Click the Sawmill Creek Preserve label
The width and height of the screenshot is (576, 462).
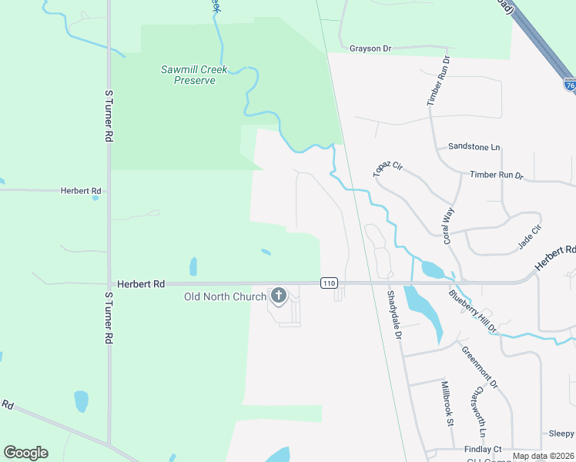pyautogui.click(x=194, y=75)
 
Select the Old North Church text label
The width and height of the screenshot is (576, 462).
pyautogui.click(x=225, y=297)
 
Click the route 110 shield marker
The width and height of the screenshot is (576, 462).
pyautogui.click(x=330, y=283)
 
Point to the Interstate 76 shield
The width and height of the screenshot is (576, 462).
pyautogui.click(x=569, y=84)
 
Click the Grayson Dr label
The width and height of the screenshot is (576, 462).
pyautogui.click(x=370, y=49)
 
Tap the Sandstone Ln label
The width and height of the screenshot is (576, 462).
pyautogui.click(x=474, y=146)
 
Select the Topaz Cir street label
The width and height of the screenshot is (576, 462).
pyautogui.click(x=388, y=169)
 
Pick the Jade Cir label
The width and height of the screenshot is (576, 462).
pyautogui.click(x=530, y=236)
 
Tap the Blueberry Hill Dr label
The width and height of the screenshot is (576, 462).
pyautogui.click(x=473, y=310)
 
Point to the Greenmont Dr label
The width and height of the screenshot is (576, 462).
pyautogui.click(x=481, y=367)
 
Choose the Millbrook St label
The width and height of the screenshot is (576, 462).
pyautogui.click(x=447, y=403)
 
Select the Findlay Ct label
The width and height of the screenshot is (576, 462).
pyautogui.click(x=483, y=449)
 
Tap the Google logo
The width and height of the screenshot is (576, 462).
pyautogui.click(x=25, y=453)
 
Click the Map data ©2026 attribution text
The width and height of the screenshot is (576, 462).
pyautogui.click(x=542, y=456)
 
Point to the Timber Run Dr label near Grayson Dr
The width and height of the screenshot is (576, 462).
pyautogui.click(x=437, y=82)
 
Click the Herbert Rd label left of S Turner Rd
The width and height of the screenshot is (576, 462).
pyautogui.click(x=81, y=190)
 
